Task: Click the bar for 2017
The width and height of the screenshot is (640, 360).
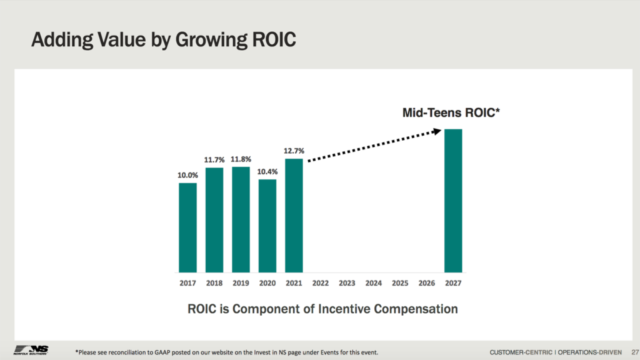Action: tap(187, 227)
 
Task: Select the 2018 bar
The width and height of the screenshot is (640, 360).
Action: tap(214, 220)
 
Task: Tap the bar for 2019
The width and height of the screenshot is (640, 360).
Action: tap(241, 219)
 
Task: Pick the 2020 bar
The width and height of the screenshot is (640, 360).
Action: tap(267, 226)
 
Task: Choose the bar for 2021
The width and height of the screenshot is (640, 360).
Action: tap(294, 216)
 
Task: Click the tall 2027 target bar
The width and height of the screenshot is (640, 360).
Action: tap(453, 201)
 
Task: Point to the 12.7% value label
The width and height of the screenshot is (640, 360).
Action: tap(294, 151)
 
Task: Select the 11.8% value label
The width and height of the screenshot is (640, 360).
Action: tap(241, 159)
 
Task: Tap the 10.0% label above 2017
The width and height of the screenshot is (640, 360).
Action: tap(187, 176)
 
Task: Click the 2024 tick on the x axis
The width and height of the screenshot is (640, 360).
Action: tap(374, 283)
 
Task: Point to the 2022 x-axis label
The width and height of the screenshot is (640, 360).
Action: tap(321, 283)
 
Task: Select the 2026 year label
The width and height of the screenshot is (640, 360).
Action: tap(427, 283)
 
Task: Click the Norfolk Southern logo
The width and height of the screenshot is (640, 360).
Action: tap(31, 349)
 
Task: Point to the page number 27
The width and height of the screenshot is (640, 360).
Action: tap(634, 351)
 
